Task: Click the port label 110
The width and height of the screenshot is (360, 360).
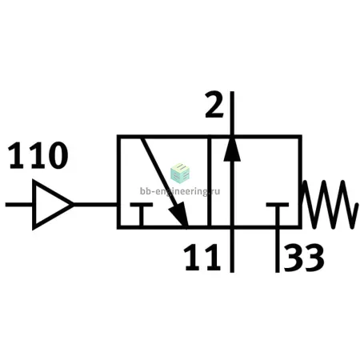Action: pyautogui.click(x=38, y=155)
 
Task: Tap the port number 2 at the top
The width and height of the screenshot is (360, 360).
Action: pyautogui.click(x=214, y=105)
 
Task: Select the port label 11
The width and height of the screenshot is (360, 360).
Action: pyautogui.click(x=202, y=257)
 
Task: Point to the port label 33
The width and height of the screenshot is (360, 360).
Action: pyautogui.click(x=304, y=258)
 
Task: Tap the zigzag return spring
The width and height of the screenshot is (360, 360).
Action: pyautogui.click(x=330, y=204)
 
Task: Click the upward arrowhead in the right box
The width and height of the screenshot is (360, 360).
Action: pyautogui.click(x=232, y=150)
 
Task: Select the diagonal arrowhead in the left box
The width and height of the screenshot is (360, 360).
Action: pyautogui.click(x=179, y=214)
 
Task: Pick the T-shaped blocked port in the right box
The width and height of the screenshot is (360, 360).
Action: pyautogui.click(x=278, y=205)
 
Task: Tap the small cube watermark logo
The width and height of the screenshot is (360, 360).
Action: pyautogui.click(x=180, y=174)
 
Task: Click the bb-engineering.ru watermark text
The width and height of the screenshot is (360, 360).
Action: pyautogui.click(x=180, y=191)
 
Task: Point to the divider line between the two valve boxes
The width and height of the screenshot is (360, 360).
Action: pyautogui.click(x=210, y=182)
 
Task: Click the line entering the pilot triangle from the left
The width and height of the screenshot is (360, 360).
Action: pyautogui.click(x=19, y=205)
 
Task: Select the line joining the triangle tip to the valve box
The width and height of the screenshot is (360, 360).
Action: pyautogui.click(x=95, y=205)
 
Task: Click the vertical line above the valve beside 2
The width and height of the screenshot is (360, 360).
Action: pyautogui.click(x=232, y=114)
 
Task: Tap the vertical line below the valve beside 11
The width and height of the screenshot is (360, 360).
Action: pyautogui.click(x=232, y=250)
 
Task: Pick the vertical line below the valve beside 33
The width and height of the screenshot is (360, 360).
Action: pyautogui.click(x=278, y=250)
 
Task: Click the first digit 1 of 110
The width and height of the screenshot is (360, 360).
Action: pyautogui.click(x=17, y=156)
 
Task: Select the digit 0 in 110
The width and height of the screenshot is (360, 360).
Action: pyautogui.click(x=58, y=155)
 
